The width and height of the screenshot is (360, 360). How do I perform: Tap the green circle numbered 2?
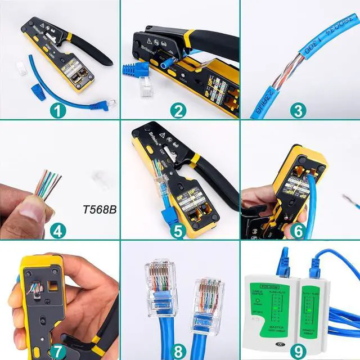178,110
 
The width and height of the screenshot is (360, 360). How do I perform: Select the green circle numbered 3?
298,110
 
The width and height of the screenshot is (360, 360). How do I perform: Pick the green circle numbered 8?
178,351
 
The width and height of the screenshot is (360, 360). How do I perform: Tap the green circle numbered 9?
298,351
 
